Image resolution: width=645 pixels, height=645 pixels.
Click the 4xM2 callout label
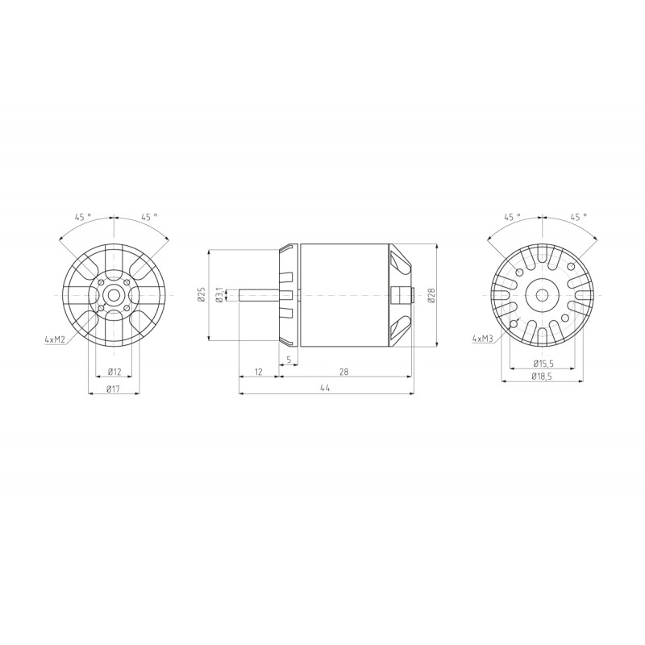click(x=55, y=339)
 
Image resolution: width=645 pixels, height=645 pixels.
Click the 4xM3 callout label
click(x=482, y=339)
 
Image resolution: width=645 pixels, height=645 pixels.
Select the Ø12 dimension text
click(x=114, y=372)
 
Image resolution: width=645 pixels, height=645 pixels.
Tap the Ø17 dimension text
click(x=113, y=389)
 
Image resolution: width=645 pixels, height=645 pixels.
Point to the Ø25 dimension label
click(x=202, y=294)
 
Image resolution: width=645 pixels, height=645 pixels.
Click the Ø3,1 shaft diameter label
click(x=219, y=295)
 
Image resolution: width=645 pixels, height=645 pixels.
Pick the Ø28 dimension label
click(x=431, y=295)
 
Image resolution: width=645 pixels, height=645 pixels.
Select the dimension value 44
click(x=326, y=388)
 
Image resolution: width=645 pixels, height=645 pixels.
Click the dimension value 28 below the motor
click(x=344, y=372)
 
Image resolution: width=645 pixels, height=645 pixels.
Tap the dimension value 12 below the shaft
click(x=258, y=372)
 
